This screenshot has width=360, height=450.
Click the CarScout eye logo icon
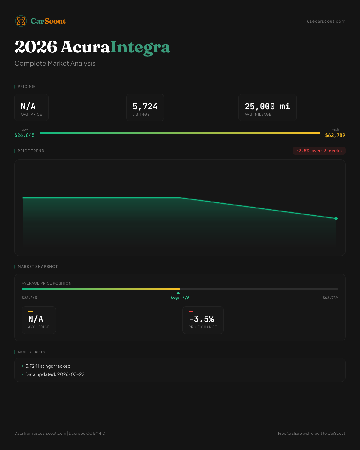click(21, 21)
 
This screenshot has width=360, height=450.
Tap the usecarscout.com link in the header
click(326, 21)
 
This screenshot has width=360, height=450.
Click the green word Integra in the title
click(140, 47)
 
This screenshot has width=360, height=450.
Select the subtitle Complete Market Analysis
click(55, 64)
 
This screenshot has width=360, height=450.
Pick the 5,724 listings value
click(145, 106)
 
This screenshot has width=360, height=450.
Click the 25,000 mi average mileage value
click(267, 106)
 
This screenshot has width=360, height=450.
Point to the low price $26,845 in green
click(25, 135)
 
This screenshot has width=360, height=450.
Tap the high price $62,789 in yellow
click(335, 135)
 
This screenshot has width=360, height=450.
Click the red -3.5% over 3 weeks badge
click(319, 151)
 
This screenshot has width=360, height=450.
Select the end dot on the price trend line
click(336, 219)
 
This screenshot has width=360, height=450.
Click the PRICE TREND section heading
click(31, 151)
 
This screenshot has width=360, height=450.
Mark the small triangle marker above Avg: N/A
click(178, 293)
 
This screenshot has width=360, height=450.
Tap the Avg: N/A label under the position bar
click(180, 298)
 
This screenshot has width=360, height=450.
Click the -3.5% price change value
click(202, 319)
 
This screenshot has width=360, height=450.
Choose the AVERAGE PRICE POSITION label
click(47, 283)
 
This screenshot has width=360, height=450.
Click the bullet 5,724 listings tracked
click(48, 366)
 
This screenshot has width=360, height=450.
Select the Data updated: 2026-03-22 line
click(55, 374)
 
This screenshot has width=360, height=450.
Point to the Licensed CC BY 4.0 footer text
click(87, 433)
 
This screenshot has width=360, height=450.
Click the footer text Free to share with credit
click(311, 433)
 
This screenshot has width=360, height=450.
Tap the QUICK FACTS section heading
click(31, 352)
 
